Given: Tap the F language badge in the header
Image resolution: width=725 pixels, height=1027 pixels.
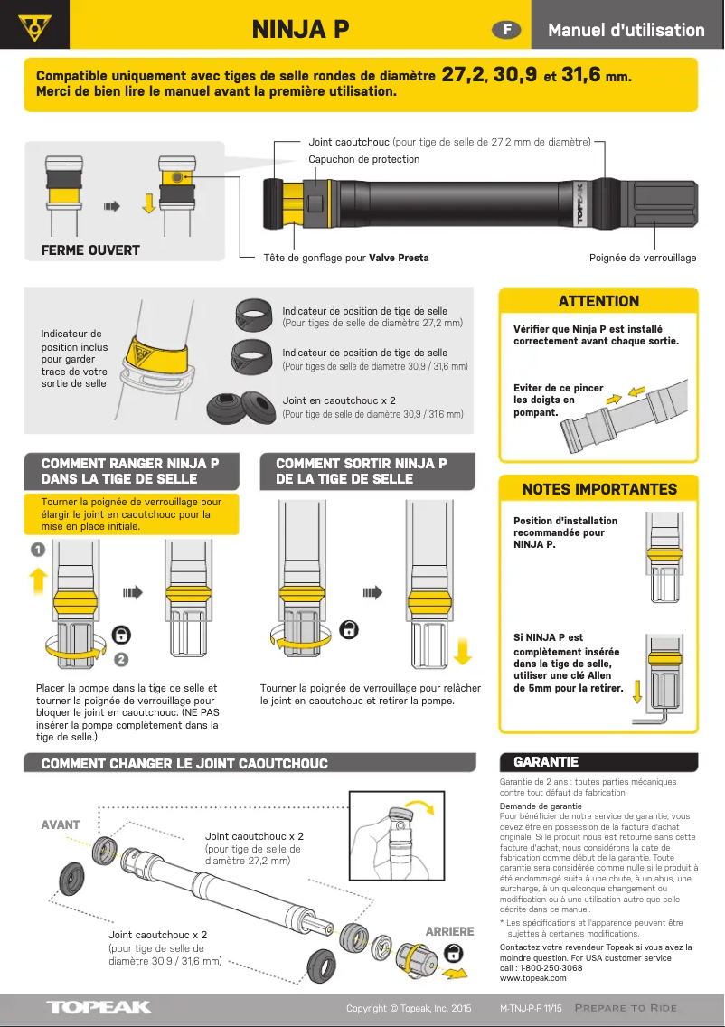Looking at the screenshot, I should pyautogui.click(x=507, y=30).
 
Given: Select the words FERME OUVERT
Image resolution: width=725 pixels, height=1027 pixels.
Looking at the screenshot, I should pyautogui.click(x=90, y=250).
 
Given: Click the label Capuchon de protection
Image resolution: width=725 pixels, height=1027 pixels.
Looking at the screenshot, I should pyautogui.click(x=363, y=160).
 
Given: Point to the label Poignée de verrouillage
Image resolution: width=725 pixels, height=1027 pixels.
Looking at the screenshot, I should pyautogui.click(x=643, y=258).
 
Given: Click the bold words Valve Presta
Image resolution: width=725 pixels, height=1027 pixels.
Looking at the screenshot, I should pyautogui.click(x=399, y=258).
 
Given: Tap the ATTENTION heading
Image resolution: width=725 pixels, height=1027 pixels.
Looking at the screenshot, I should pyautogui.click(x=598, y=301).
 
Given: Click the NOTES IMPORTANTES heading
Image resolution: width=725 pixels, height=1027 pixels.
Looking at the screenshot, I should pyautogui.click(x=598, y=489).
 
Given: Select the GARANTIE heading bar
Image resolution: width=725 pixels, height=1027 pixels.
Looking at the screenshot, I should pyautogui.click(x=598, y=762).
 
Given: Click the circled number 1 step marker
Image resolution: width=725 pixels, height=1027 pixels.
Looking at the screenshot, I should pyautogui.click(x=37, y=549).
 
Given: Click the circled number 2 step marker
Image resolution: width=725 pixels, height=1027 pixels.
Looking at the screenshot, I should pyautogui.click(x=120, y=660).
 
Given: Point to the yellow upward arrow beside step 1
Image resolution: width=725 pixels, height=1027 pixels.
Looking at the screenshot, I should pyautogui.click(x=37, y=579).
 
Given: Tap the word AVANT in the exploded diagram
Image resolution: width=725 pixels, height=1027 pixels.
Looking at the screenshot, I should pyautogui.click(x=61, y=824).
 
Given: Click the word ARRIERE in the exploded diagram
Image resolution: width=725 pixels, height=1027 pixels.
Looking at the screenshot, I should pyautogui.click(x=449, y=931).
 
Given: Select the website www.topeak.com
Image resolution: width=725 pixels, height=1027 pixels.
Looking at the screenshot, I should pyautogui.click(x=532, y=977).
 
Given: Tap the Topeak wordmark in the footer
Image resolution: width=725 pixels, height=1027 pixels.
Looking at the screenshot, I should pyautogui.click(x=99, y=1007).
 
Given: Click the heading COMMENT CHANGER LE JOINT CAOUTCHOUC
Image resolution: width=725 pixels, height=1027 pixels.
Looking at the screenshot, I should pyautogui.click(x=184, y=764).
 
